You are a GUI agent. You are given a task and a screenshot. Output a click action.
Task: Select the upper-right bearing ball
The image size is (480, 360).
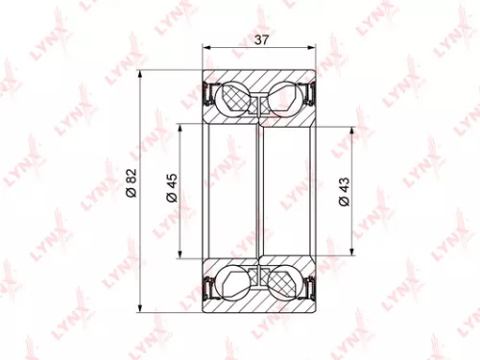pyautogui.click(x=284, y=97)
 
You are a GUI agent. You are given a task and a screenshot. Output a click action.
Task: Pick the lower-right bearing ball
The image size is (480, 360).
pyautogui.click(x=284, y=283)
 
